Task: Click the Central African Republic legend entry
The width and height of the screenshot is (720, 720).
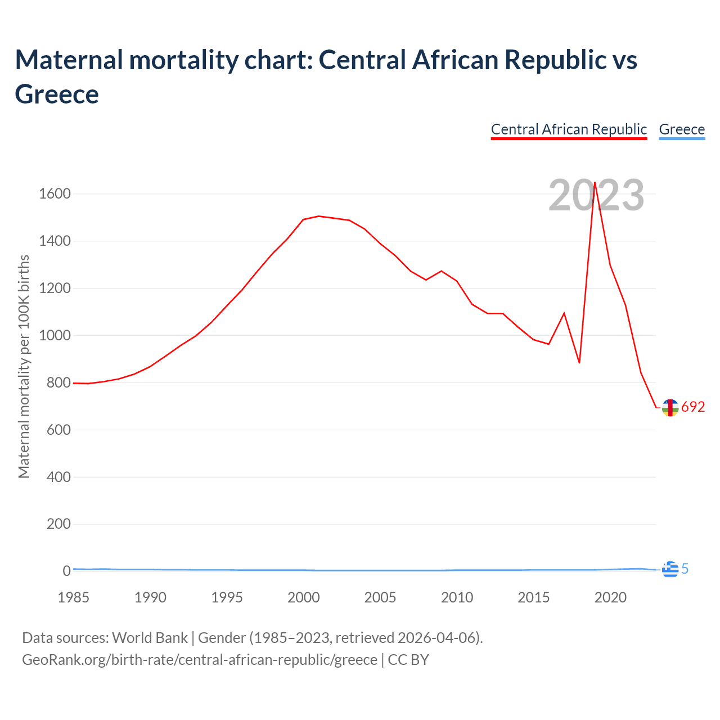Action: click(x=569, y=129)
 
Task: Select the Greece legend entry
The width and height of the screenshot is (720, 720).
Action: click(x=682, y=129)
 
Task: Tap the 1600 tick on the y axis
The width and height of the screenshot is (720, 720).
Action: click(x=55, y=194)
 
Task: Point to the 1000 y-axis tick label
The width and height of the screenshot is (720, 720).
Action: click(x=55, y=336)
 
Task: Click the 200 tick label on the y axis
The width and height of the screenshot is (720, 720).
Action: click(x=58, y=524)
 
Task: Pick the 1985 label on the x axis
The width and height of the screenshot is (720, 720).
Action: click(x=74, y=597)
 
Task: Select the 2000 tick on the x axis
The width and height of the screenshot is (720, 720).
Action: click(x=304, y=597)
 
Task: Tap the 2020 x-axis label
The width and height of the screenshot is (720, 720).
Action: click(x=610, y=597)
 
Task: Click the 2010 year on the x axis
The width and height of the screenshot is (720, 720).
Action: click(x=457, y=597)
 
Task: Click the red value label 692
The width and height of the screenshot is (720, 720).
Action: click(x=693, y=407)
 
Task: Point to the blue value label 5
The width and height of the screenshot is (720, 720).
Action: click(x=685, y=569)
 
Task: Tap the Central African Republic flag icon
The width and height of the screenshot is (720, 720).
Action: click(x=670, y=407)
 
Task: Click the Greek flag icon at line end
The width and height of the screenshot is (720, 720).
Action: click(x=670, y=569)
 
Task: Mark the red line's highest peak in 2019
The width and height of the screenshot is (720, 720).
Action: click(x=595, y=182)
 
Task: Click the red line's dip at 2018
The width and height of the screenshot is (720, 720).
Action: click(x=579, y=363)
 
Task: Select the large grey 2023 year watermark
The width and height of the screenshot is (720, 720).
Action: click(x=596, y=196)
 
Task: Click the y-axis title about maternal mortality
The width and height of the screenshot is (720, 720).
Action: click(x=24, y=367)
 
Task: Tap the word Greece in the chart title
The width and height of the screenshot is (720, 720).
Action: click(x=57, y=94)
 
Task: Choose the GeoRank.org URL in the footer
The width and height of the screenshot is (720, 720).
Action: click(x=200, y=659)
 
